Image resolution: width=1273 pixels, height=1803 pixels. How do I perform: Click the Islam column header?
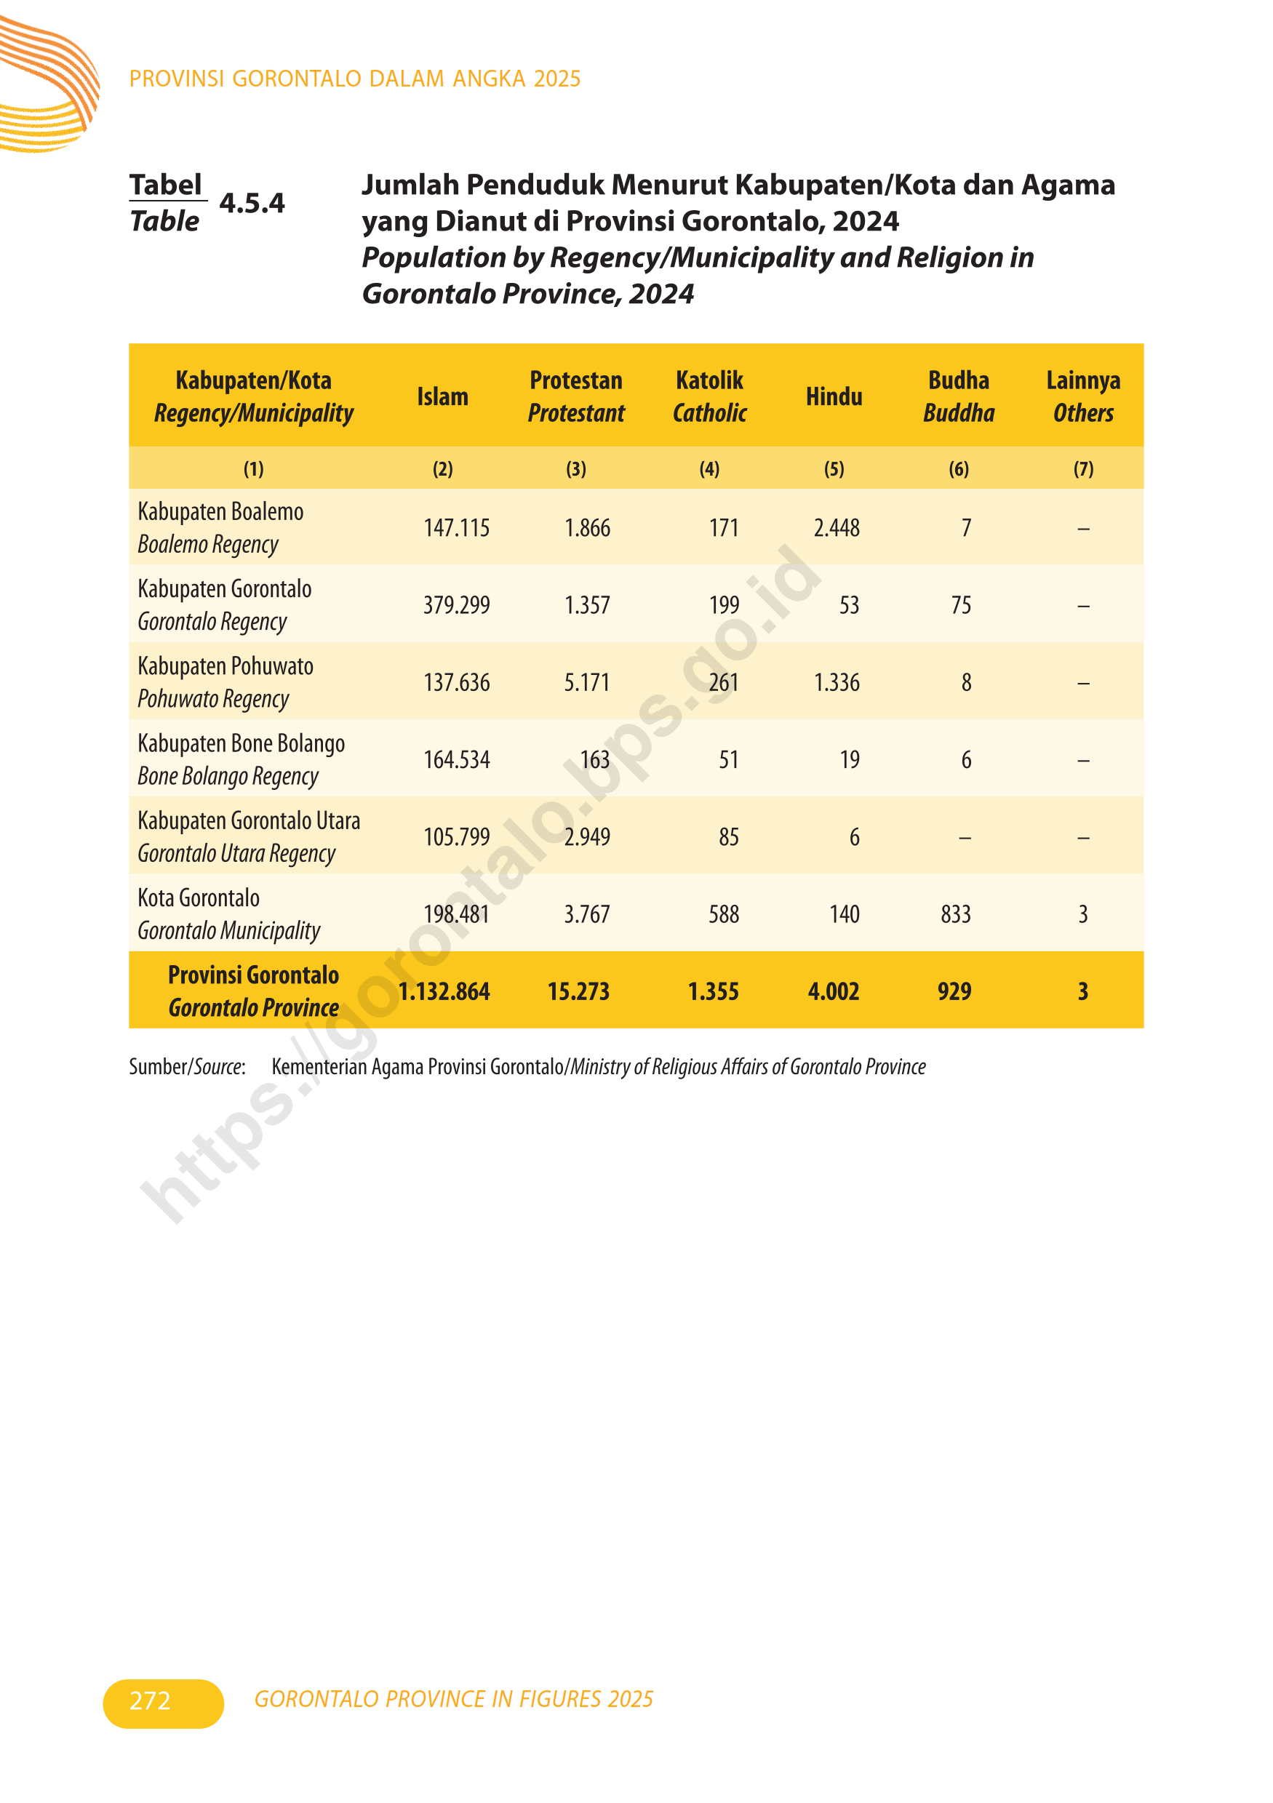(x=442, y=396)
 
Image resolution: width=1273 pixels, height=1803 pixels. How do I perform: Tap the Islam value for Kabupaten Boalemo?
(x=456, y=528)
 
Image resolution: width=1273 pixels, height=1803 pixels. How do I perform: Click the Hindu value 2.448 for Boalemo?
(x=837, y=528)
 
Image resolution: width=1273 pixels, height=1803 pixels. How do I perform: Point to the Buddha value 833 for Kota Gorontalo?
(x=956, y=914)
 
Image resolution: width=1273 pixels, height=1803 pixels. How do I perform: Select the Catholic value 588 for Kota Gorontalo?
(x=723, y=914)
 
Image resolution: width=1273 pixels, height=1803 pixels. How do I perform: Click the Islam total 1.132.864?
(x=444, y=992)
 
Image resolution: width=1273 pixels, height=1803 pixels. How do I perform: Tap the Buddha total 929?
(x=954, y=992)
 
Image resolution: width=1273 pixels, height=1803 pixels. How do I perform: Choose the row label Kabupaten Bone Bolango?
(x=241, y=743)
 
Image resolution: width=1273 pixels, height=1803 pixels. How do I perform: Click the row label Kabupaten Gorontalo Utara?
(x=249, y=820)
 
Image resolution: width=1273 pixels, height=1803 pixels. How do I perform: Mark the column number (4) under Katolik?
(x=709, y=469)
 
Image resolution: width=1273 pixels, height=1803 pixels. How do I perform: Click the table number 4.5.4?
(x=252, y=204)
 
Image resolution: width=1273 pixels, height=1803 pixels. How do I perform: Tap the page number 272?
(x=150, y=1700)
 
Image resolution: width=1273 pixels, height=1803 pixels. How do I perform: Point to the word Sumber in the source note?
(x=158, y=1066)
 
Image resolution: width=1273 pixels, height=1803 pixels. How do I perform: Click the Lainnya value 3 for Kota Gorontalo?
(x=1083, y=914)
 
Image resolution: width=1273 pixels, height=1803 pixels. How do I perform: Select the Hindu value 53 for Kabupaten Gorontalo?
(x=849, y=605)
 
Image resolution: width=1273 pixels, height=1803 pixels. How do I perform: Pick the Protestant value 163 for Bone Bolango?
(x=594, y=759)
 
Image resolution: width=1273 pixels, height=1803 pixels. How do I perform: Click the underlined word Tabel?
(x=166, y=185)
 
